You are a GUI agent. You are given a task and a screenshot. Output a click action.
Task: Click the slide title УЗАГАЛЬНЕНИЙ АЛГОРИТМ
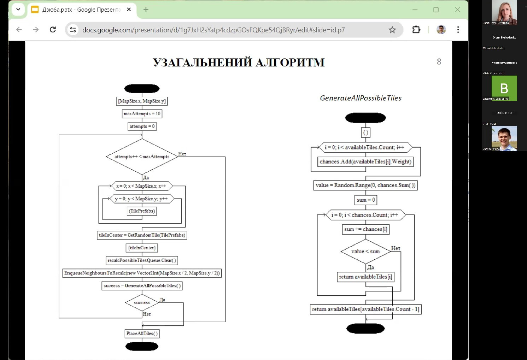point(239,63)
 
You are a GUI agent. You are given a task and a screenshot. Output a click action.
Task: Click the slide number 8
point(439,62)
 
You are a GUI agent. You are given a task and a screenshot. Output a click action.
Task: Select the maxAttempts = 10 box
point(142,114)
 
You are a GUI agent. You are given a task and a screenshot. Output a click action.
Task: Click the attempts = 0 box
point(142,126)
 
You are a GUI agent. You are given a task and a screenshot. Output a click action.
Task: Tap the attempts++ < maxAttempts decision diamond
point(142,157)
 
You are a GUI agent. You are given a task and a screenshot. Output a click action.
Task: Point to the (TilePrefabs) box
point(142,211)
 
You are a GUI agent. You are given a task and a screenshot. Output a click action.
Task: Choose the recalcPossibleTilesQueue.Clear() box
point(142,261)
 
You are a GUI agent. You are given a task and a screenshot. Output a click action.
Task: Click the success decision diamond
point(142,303)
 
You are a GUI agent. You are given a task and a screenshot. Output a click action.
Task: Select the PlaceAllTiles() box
point(142,334)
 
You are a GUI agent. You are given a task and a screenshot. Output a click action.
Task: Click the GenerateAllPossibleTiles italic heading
point(361,98)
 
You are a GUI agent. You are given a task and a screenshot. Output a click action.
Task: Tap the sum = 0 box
point(365,200)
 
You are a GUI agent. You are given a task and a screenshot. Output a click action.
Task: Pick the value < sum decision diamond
point(365,252)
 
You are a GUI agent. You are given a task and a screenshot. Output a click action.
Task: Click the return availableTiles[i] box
point(365,277)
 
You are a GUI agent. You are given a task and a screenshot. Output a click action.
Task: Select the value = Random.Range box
point(365,185)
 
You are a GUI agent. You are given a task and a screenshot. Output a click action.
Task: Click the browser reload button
point(53,30)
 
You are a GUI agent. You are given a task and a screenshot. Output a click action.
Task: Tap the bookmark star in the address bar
point(392,30)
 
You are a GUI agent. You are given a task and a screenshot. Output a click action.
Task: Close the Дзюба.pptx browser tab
point(129,10)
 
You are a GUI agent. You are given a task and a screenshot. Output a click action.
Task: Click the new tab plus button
point(146,10)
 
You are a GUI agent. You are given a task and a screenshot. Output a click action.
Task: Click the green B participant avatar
point(504,88)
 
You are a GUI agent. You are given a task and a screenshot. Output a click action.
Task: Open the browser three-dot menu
point(458,30)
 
